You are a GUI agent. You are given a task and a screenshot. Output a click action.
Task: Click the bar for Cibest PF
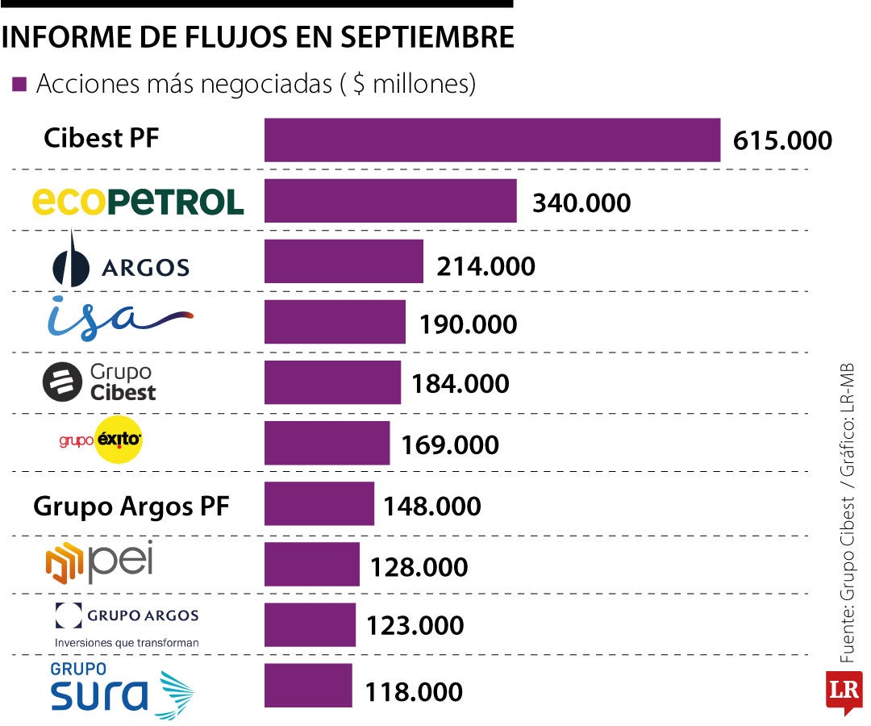pos(492,140)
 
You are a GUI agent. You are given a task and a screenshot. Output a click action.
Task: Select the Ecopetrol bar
pos(390,201)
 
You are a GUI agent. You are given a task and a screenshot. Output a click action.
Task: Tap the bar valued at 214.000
pos(344,261)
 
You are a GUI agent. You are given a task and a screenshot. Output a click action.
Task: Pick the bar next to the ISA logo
pos(335,322)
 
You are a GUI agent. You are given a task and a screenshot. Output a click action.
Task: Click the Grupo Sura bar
pos(308,686)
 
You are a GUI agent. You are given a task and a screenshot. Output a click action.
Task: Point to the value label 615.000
pos(782,141)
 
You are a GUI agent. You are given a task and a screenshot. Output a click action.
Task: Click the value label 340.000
pos(581,202)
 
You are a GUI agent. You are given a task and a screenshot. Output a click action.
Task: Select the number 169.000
pos(450,444)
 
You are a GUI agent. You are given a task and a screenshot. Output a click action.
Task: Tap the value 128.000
pos(419,567)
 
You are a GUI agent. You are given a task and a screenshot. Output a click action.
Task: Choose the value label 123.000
pos(415,626)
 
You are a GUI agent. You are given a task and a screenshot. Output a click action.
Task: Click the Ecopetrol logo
pos(138,202)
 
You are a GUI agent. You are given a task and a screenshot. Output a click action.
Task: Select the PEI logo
pos(99,563)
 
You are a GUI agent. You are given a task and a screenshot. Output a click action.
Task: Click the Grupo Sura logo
pos(121,690)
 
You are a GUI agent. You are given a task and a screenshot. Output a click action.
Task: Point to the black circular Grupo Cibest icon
pos(63,382)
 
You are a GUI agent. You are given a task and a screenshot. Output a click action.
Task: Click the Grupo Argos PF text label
pos(131,507)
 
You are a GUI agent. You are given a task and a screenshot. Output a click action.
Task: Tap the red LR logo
pos(843,691)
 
